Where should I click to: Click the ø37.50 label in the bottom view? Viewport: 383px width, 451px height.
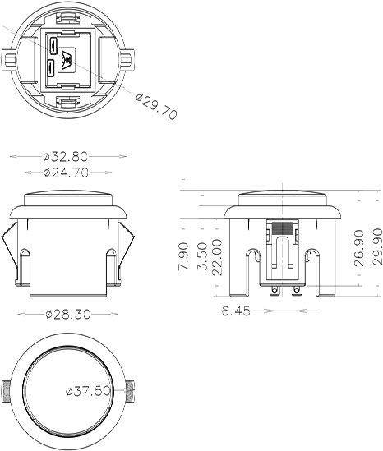88,391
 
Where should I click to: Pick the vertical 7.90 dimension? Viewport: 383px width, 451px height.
183,256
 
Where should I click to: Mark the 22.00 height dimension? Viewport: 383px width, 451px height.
217,257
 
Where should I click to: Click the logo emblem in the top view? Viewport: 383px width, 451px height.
67,58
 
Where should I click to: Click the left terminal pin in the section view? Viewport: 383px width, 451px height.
272,289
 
